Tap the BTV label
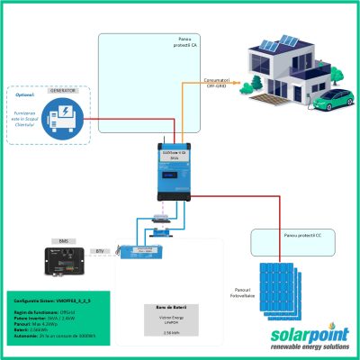click(x=100, y=251)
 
